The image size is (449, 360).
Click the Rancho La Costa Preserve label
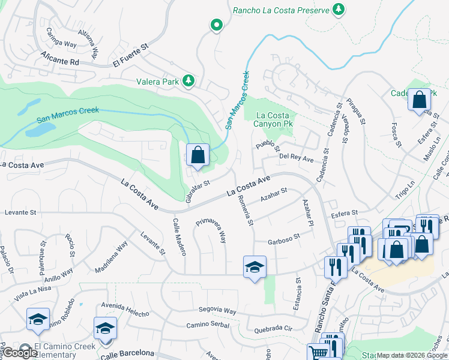pyautogui.click(x=281, y=10)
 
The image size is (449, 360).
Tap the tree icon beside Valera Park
pyautogui.click(x=188, y=80)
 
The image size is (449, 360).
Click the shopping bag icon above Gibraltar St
pyautogui.click(x=197, y=155)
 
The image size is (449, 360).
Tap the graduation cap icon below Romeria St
pyautogui.click(x=255, y=267)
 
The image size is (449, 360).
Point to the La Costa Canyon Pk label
pyautogui.click(x=274, y=119)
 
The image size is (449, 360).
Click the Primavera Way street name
pyautogui.click(x=210, y=230)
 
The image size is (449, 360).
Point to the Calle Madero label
pyautogui.click(x=179, y=236)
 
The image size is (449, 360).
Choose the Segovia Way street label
pyautogui.click(x=218, y=312)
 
